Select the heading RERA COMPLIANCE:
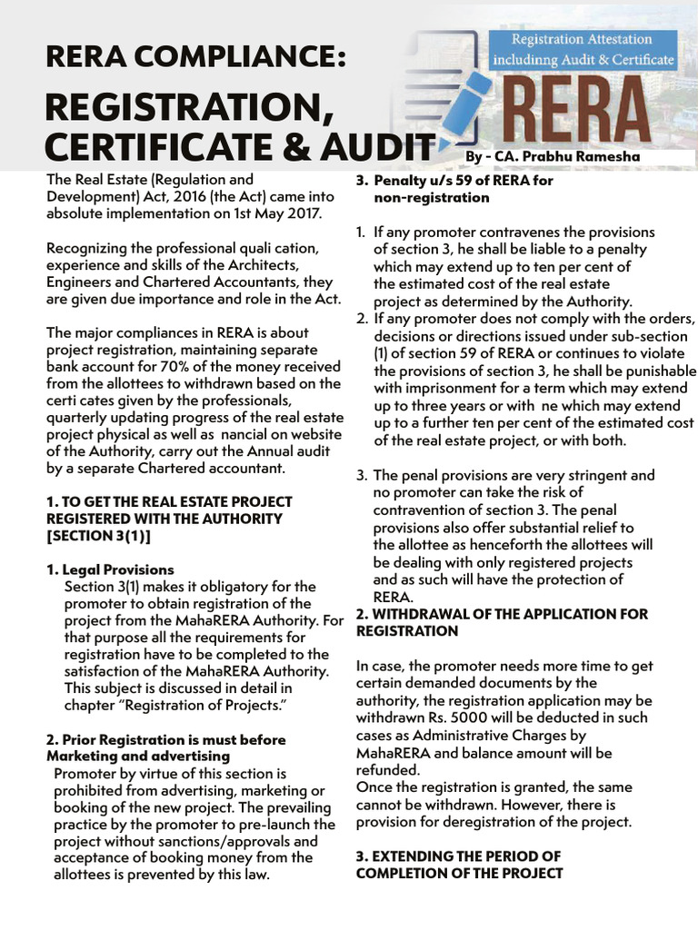tap(195, 58)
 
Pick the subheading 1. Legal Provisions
tap(110, 569)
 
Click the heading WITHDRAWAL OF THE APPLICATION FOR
tap(502, 614)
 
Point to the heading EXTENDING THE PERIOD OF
tap(458, 856)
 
